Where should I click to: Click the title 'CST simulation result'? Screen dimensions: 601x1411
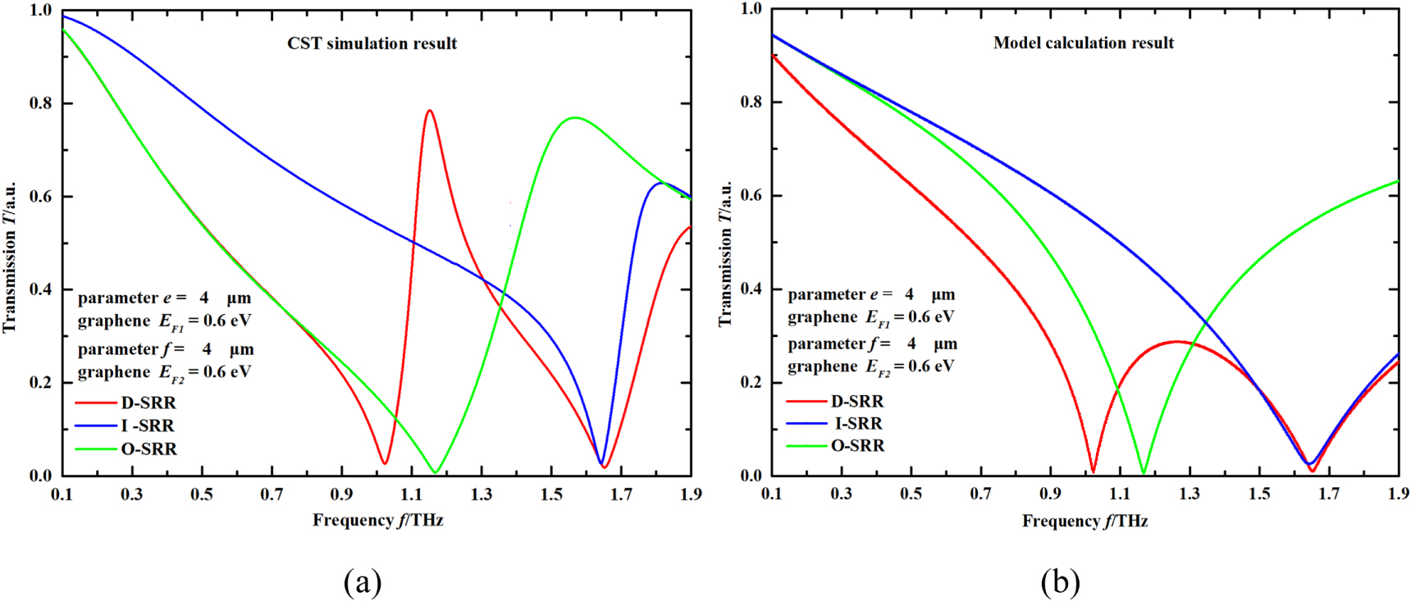click(372, 43)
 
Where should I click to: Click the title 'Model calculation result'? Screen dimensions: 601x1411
click(1083, 43)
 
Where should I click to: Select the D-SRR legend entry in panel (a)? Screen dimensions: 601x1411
click(148, 403)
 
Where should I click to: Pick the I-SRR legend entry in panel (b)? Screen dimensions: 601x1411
click(858, 423)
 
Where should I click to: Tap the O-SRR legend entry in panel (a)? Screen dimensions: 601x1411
click(148, 448)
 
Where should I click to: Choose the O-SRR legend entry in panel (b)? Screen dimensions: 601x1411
click(857, 445)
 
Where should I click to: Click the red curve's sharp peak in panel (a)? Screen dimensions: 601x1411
click(429, 111)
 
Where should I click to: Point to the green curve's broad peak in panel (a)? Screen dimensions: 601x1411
click(575, 118)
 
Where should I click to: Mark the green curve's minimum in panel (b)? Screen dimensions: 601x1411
click(1143, 472)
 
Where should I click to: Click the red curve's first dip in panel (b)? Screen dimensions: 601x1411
click(1093, 471)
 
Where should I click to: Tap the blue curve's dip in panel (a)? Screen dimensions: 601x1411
click(601, 464)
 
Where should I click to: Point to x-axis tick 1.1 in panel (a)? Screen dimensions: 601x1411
click(412, 494)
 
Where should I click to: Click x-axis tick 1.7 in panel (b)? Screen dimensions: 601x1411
click(1330, 494)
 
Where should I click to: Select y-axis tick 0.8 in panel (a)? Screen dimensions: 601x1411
click(41, 103)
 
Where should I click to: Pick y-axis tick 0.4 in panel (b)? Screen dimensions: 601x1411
click(751, 289)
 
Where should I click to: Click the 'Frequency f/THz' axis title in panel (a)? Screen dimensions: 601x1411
click(377, 521)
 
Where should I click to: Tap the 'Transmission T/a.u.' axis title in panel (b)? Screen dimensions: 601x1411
click(725, 254)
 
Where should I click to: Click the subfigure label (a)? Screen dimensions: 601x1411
click(363, 582)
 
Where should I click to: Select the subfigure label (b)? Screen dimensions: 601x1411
click(1060, 582)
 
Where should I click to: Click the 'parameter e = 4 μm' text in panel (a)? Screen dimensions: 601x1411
click(164, 298)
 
